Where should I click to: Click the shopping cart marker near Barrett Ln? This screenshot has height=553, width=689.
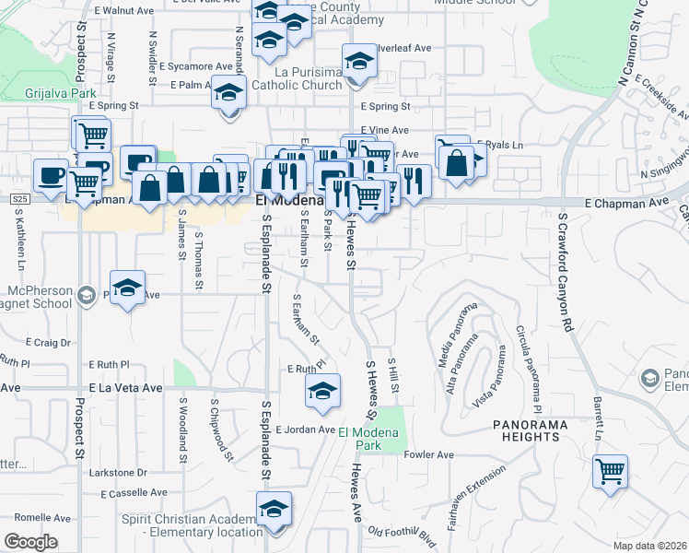[x=610, y=472]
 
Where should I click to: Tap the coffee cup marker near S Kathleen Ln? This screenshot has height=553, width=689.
[x=50, y=173]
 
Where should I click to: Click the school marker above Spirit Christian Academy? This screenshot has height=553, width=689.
[x=274, y=509]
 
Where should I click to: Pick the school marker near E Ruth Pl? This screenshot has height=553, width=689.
[x=321, y=393]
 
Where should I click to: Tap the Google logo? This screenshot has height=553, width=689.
[x=30, y=542]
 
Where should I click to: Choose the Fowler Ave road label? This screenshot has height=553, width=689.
[x=430, y=454]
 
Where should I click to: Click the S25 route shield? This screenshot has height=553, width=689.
[x=19, y=198]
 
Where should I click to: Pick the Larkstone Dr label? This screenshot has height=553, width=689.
[x=118, y=472]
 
